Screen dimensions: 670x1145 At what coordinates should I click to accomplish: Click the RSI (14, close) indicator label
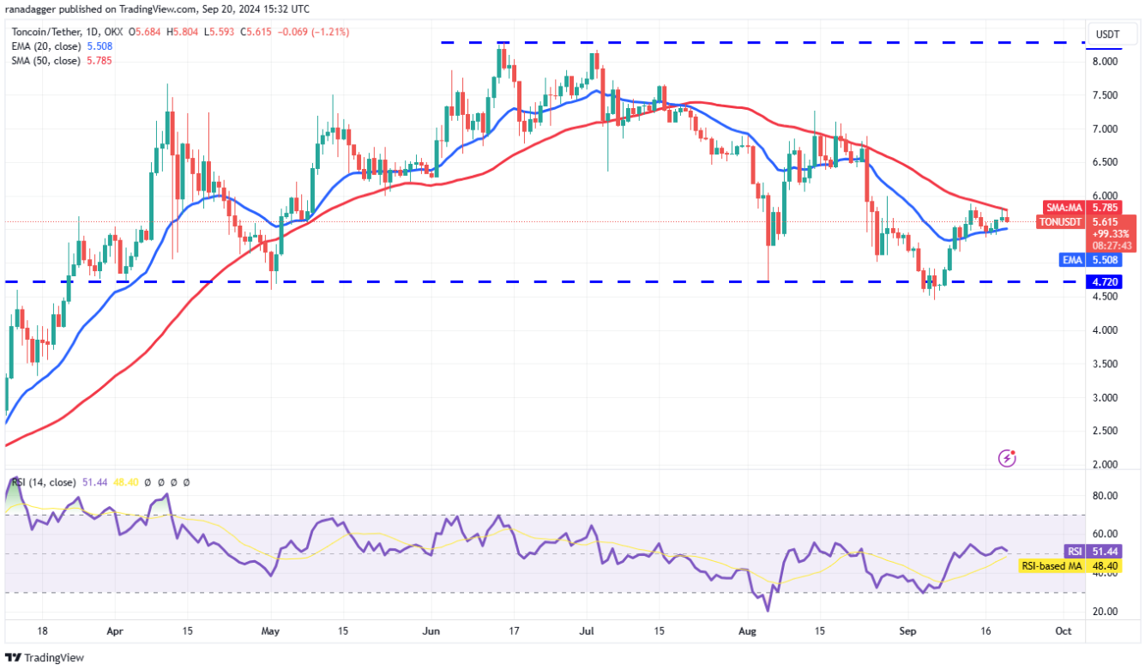(x=43, y=483)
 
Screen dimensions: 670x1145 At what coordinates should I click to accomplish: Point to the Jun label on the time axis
(x=431, y=631)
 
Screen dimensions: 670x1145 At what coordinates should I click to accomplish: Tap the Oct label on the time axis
(x=1063, y=631)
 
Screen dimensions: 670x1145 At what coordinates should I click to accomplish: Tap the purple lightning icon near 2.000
(x=1008, y=459)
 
